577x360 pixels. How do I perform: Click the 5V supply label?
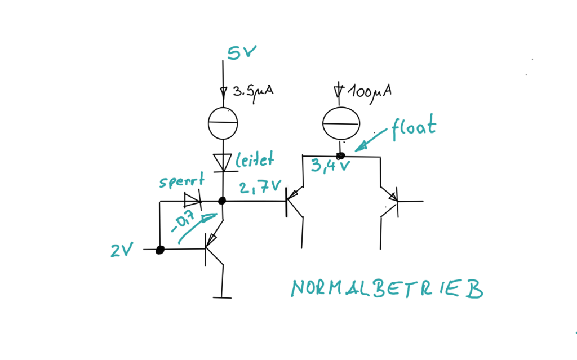[x=242, y=53]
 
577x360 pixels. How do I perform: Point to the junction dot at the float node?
[x=340, y=155]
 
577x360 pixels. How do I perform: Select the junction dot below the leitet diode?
[x=223, y=201]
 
